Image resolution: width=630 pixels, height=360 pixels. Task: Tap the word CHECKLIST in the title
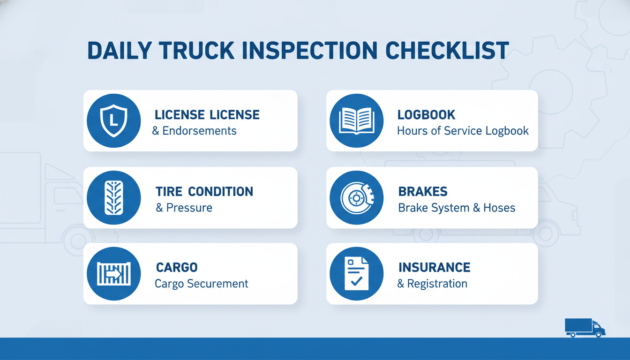[x=447, y=51]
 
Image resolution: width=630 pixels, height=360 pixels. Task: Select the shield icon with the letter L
[x=113, y=120]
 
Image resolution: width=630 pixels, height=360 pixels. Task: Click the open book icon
[x=357, y=121]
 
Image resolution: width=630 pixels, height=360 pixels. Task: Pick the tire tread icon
[x=113, y=198]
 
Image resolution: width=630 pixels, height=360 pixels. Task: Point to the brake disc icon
[x=357, y=198]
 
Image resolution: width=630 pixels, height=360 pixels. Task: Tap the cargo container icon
[x=113, y=274]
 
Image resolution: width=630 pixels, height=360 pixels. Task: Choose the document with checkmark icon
[x=357, y=274]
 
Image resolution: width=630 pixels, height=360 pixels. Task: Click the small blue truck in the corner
[x=585, y=328]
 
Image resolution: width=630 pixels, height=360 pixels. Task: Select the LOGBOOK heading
[x=426, y=115]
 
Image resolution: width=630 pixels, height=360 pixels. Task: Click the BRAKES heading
[x=423, y=192]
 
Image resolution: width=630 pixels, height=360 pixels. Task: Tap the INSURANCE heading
[x=434, y=268]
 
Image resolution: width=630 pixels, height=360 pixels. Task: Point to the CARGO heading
[x=177, y=268]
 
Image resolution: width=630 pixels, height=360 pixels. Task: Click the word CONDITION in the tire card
[x=220, y=192]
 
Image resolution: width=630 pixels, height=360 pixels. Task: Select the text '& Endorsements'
[x=195, y=131]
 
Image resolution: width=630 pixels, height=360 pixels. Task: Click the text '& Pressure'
[x=184, y=208]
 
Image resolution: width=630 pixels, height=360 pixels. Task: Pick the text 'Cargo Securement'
[x=202, y=284]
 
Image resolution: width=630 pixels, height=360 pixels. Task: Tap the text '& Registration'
[x=432, y=284]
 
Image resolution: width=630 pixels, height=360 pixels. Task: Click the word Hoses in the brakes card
[x=499, y=208]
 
